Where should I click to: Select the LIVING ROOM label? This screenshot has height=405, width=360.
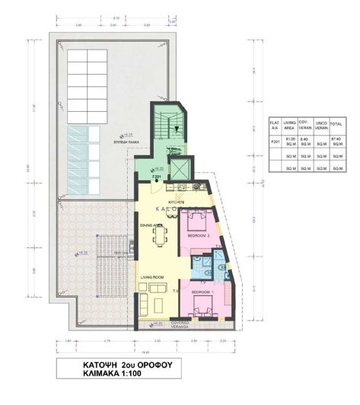(x=152, y=278)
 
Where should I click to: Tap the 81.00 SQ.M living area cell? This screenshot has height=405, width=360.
(x=290, y=140)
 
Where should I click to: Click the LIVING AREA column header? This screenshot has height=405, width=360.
(x=290, y=126)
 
